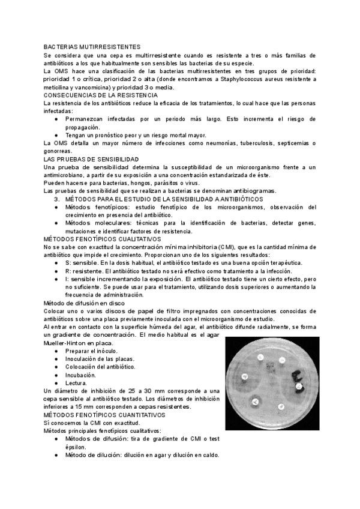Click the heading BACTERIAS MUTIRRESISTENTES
click(92, 46)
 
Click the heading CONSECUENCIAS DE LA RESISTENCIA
click(101, 95)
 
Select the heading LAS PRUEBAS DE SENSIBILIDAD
click(91, 159)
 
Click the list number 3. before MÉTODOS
click(58, 199)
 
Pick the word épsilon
click(76, 447)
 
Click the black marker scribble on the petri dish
click(299, 379)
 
